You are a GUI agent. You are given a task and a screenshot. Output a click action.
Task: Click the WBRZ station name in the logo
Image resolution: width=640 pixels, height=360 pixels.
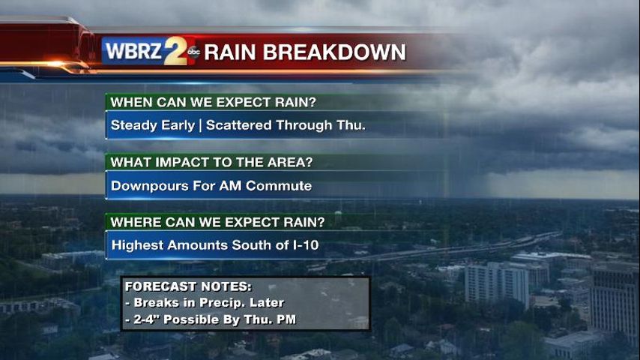pos(133,52)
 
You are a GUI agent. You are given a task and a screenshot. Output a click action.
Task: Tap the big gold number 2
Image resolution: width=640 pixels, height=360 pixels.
pos(175,51)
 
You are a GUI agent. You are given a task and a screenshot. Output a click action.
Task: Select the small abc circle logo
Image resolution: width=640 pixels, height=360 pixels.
pos(193,52)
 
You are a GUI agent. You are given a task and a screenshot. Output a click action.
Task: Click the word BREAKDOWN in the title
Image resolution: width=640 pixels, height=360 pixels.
pos(334,52)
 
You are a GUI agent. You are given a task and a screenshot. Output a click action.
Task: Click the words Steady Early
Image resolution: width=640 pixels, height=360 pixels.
pos(153,125)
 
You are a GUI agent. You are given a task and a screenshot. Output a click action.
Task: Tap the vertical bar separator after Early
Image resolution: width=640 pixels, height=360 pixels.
pos(200,125)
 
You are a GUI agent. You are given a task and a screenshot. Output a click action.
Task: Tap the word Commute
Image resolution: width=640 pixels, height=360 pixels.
pos(279,186)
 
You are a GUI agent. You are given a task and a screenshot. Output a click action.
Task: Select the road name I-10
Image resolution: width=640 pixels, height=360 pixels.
pos(306,245)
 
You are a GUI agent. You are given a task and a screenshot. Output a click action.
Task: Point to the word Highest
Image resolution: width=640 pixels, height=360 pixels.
pos(138,245)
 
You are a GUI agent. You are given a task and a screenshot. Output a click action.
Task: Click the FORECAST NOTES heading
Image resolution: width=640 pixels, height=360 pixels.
pos(188,286)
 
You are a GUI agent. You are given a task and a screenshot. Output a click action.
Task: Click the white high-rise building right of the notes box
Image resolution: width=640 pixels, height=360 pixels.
pos(497,284)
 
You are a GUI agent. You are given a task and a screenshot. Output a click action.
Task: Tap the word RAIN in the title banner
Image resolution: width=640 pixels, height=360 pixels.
pos(230,52)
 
